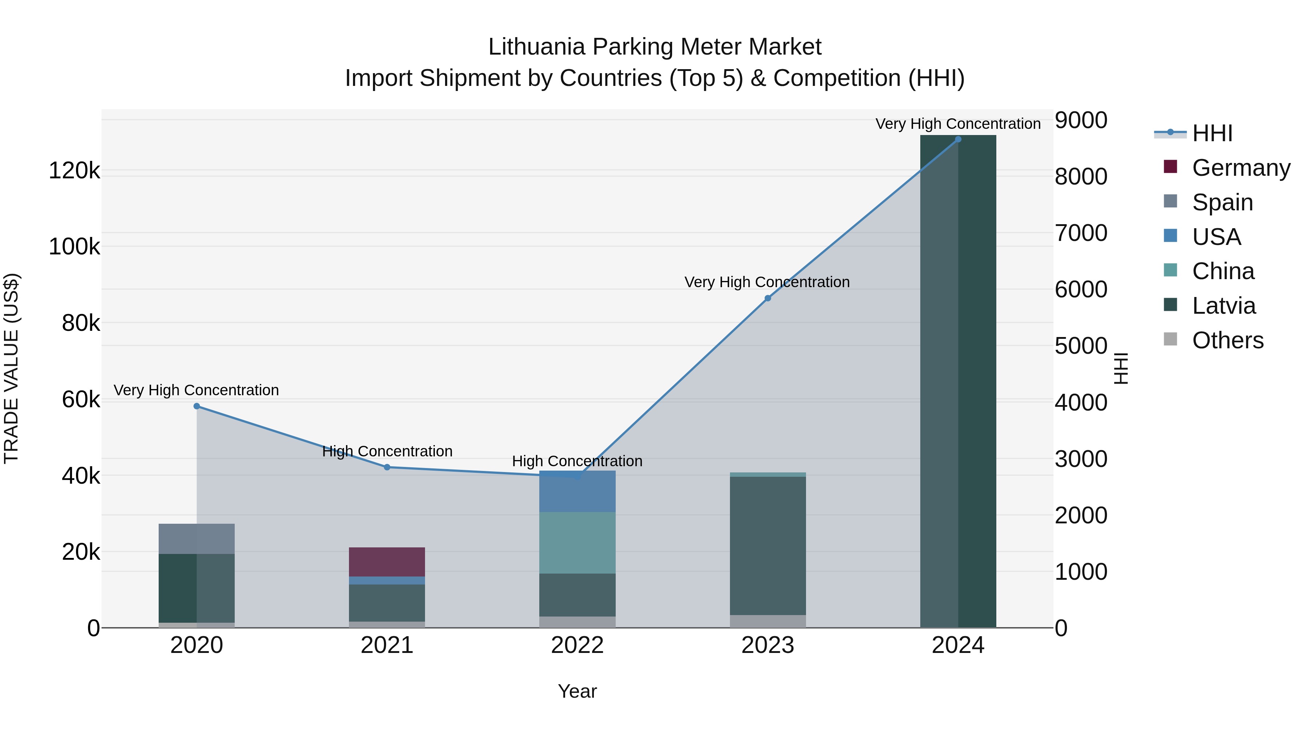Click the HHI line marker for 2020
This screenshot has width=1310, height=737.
click(x=197, y=406)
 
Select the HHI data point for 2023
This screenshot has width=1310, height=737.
click(x=767, y=298)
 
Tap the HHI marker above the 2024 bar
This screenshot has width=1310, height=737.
click(x=958, y=139)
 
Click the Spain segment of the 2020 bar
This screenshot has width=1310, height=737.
click(x=197, y=539)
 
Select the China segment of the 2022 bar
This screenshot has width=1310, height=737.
click(x=577, y=542)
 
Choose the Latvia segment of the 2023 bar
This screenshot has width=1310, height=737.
click(x=767, y=545)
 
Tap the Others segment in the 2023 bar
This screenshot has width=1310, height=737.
click(x=767, y=621)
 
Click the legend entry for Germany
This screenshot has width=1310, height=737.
click(x=1240, y=167)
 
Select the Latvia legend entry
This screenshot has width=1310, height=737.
click(x=1223, y=306)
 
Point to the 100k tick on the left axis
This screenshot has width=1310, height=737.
click(x=74, y=247)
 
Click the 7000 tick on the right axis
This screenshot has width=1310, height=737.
click(x=1081, y=233)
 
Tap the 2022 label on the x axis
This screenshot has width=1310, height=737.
click(x=577, y=645)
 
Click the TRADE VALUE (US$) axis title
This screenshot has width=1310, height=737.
click(x=11, y=368)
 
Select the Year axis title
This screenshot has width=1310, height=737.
click(x=577, y=691)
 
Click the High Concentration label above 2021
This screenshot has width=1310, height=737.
click(x=387, y=451)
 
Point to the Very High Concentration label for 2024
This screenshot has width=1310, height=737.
click(x=958, y=124)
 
